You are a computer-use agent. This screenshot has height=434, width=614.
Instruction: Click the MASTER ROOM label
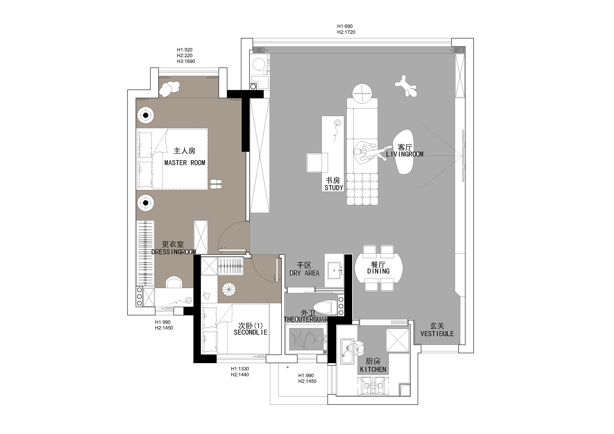click(x=185, y=163)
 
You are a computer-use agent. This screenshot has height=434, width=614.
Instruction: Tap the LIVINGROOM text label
click(x=405, y=154)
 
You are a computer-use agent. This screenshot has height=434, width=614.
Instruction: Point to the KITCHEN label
click(x=373, y=370)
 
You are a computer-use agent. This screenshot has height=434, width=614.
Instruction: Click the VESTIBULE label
click(x=437, y=334)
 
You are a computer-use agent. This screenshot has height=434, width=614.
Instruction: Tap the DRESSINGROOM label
click(x=174, y=252)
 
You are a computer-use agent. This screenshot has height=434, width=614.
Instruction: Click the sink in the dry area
click(x=334, y=270)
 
